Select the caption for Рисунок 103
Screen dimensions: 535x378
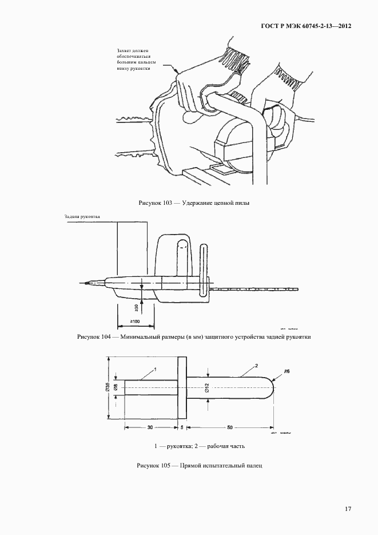tap(194, 203)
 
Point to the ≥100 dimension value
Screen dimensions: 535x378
tap(136, 322)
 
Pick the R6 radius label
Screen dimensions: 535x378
tap(287, 371)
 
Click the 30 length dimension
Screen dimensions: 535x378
tap(149, 427)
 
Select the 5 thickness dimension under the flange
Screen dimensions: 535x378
tap(182, 427)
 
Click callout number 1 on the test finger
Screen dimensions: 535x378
tap(154, 370)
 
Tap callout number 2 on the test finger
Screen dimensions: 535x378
tap(257, 364)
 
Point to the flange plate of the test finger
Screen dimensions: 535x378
tap(182, 388)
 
